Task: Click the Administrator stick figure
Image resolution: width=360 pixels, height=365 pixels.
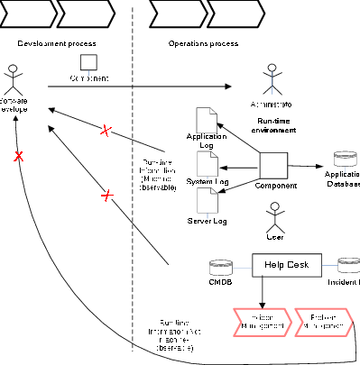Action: pos(271,78)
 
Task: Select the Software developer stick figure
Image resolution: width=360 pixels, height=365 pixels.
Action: pos(14,78)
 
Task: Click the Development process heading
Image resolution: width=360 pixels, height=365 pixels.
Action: pos(57,43)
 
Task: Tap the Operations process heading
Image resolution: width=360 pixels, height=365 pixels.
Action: pos(205,43)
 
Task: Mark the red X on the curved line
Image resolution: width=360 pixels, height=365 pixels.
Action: pos(17,157)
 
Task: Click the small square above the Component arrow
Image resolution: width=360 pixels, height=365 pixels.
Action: pos(88,61)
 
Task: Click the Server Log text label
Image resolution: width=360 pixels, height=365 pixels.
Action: pos(208,221)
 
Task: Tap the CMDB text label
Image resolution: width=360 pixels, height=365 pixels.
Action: pos(221,282)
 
